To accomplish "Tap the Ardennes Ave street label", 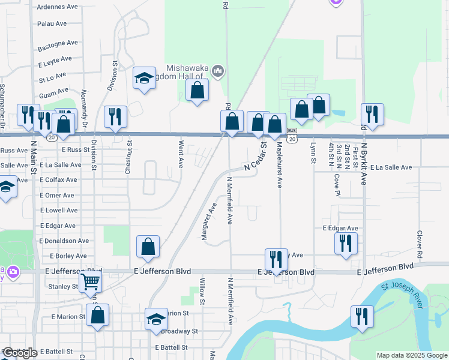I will [x=58, y=7].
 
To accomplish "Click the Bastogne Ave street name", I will [x=58, y=43].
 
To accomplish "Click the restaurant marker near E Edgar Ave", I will [x=345, y=243].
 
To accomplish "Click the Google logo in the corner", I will [x=19, y=353].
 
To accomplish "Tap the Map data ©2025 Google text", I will [x=411, y=356].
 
